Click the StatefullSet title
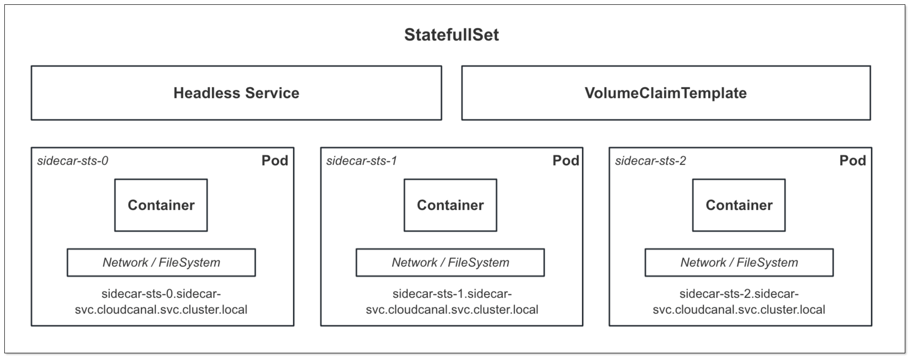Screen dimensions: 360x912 coord(451,35)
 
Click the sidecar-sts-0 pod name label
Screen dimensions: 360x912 coord(72,161)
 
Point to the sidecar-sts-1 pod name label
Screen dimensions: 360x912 coord(361,161)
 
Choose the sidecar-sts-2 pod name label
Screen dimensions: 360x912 coord(650,161)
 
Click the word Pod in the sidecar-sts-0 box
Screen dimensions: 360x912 coord(275,161)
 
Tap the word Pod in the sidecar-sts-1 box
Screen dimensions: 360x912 coord(566,161)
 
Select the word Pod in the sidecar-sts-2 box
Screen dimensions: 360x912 coord(852,161)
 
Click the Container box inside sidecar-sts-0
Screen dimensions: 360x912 coord(161,205)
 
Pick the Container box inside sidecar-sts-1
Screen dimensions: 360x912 coord(450,205)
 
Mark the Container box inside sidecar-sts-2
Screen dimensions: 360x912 coord(739,205)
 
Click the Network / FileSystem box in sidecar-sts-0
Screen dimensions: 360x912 coord(161,263)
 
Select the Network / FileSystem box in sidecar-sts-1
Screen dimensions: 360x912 coord(450,263)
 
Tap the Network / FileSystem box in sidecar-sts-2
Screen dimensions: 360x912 coord(739,263)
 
